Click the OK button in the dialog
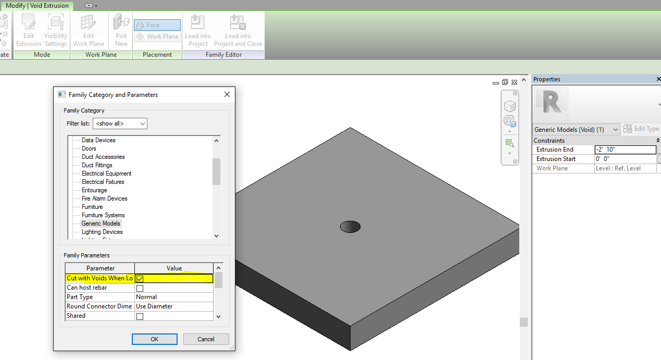point(155,339)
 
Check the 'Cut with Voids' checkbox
point(140,279)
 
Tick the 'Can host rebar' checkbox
point(140,288)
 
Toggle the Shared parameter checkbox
point(140,316)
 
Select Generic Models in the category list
point(101,224)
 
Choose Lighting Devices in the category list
point(102,232)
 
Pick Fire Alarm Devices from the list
point(104,198)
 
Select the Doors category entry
point(89,148)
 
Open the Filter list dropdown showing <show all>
point(120,124)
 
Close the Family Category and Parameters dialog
point(227,94)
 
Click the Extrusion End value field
point(625,150)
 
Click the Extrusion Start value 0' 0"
point(625,159)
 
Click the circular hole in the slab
point(350,227)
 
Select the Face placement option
point(157,25)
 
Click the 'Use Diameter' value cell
point(173,306)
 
